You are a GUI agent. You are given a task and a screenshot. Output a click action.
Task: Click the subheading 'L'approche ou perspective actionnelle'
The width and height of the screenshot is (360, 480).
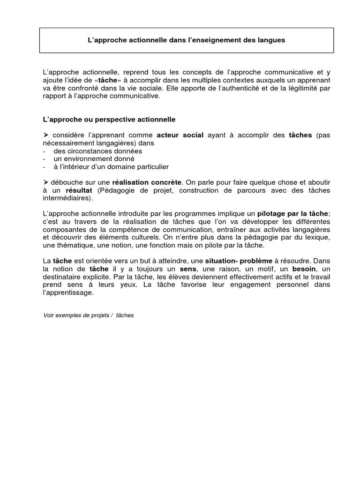[x=109, y=120]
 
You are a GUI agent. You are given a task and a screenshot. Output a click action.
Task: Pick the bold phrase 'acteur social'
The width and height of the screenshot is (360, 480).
[x=180, y=135]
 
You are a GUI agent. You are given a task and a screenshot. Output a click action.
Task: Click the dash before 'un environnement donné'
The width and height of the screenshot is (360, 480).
[x=44, y=159]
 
